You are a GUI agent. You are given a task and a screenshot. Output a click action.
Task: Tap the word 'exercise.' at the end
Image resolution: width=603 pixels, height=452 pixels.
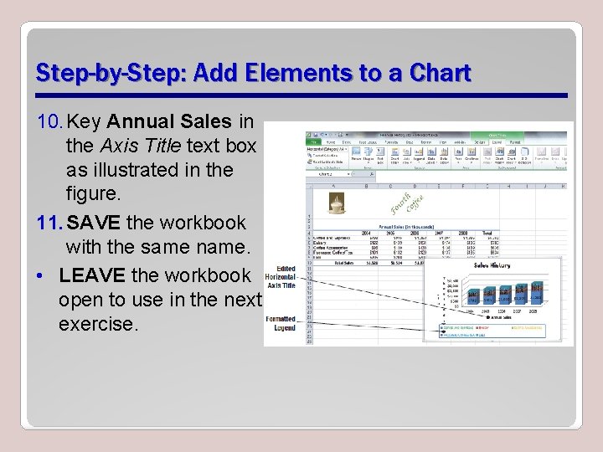[98, 323]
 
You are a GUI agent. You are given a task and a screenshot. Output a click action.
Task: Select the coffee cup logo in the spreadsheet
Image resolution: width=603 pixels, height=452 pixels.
[336, 203]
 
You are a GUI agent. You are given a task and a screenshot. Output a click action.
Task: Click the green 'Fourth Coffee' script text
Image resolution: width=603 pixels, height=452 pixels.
[411, 203]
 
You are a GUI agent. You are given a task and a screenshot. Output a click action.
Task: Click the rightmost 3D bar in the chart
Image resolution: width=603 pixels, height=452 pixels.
[536, 293]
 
